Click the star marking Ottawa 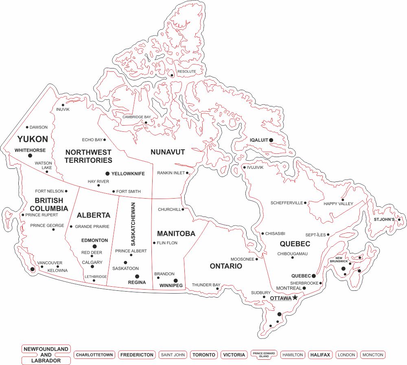(295, 298)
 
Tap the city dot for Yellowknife (107, 173)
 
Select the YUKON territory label (33, 139)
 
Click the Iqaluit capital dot (271, 140)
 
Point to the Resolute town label (186, 71)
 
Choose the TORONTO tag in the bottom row (203, 355)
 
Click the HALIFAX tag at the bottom (320, 355)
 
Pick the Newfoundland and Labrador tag (46, 355)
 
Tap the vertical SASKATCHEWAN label (133, 224)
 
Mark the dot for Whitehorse (30, 155)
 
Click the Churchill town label (169, 210)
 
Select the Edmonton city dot (95, 246)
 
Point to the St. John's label (385, 220)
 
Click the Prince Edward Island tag (264, 355)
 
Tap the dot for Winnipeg (175, 280)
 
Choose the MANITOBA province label (176, 234)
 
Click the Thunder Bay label (206, 285)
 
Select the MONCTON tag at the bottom (372, 355)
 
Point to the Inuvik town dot (63, 105)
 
